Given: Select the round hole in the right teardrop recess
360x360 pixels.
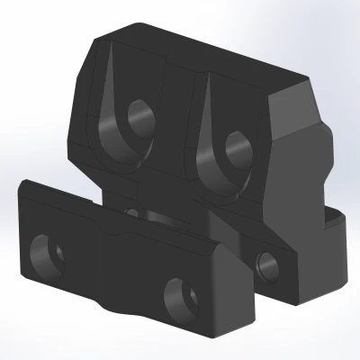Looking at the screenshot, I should coord(237,145).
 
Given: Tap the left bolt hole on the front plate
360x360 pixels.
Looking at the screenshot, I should coord(45,253).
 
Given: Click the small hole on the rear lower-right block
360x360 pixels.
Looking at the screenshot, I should coord(267,263).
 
